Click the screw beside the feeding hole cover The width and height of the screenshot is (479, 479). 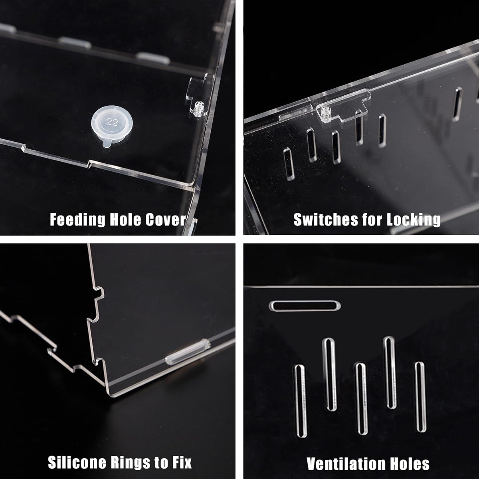tap(198, 108)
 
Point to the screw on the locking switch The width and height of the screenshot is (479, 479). tap(324, 114)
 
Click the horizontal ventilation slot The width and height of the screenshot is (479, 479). tap(305, 306)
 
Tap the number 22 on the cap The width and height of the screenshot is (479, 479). tap(112, 122)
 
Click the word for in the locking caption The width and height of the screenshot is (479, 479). tap(376, 220)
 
